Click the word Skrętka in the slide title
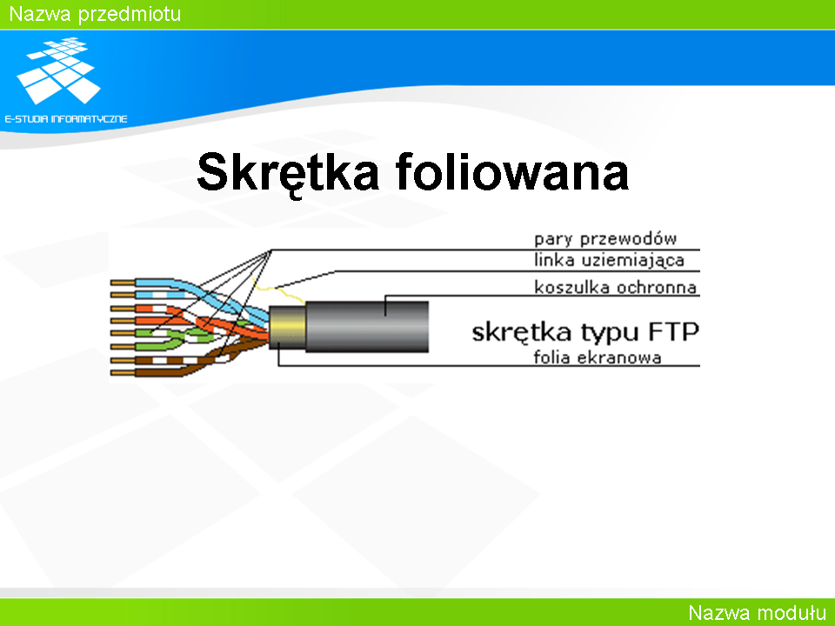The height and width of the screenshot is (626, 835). (x=288, y=172)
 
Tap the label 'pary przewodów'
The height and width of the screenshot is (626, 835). (x=605, y=239)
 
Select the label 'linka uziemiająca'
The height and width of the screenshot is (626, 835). (x=609, y=261)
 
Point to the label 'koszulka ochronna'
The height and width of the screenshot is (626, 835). (x=616, y=288)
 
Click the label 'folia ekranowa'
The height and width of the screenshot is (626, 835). (x=598, y=357)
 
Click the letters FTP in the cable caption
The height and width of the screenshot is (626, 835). (x=673, y=331)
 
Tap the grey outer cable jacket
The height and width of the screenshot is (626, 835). (x=367, y=326)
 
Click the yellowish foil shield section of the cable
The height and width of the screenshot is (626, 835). (x=287, y=327)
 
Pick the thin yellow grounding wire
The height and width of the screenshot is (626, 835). (x=279, y=290)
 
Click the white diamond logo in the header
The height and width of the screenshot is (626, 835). (x=58, y=70)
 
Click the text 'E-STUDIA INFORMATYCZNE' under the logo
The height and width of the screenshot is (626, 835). (x=66, y=119)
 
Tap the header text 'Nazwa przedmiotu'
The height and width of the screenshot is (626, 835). (x=96, y=14)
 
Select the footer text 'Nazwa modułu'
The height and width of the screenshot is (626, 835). (x=758, y=613)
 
